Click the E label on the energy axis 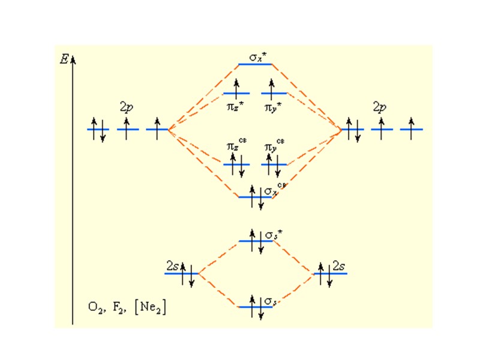(x=64, y=59)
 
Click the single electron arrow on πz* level (x=236, y=89)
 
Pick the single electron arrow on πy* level (x=274, y=89)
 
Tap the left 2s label (x=172, y=265)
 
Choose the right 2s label (x=340, y=265)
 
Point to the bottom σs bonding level (x=256, y=307)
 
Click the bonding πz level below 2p (x=236, y=164)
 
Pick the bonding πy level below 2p (x=274, y=164)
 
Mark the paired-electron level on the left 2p (x=98, y=129)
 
